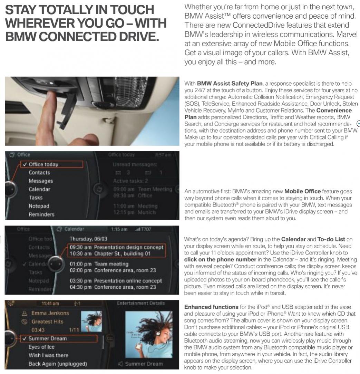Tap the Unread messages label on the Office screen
point(135,165)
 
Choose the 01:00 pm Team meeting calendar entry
point(99,264)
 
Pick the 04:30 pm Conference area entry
point(113,287)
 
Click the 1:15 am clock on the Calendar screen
point(119,229)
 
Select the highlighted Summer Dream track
point(47,338)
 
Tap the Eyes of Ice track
point(41,347)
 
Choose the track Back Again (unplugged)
point(58,364)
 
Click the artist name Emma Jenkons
point(50,313)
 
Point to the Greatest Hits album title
point(48,322)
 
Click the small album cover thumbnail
point(91,321)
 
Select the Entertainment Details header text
point(141,303)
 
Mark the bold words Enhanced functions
point(211,307)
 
